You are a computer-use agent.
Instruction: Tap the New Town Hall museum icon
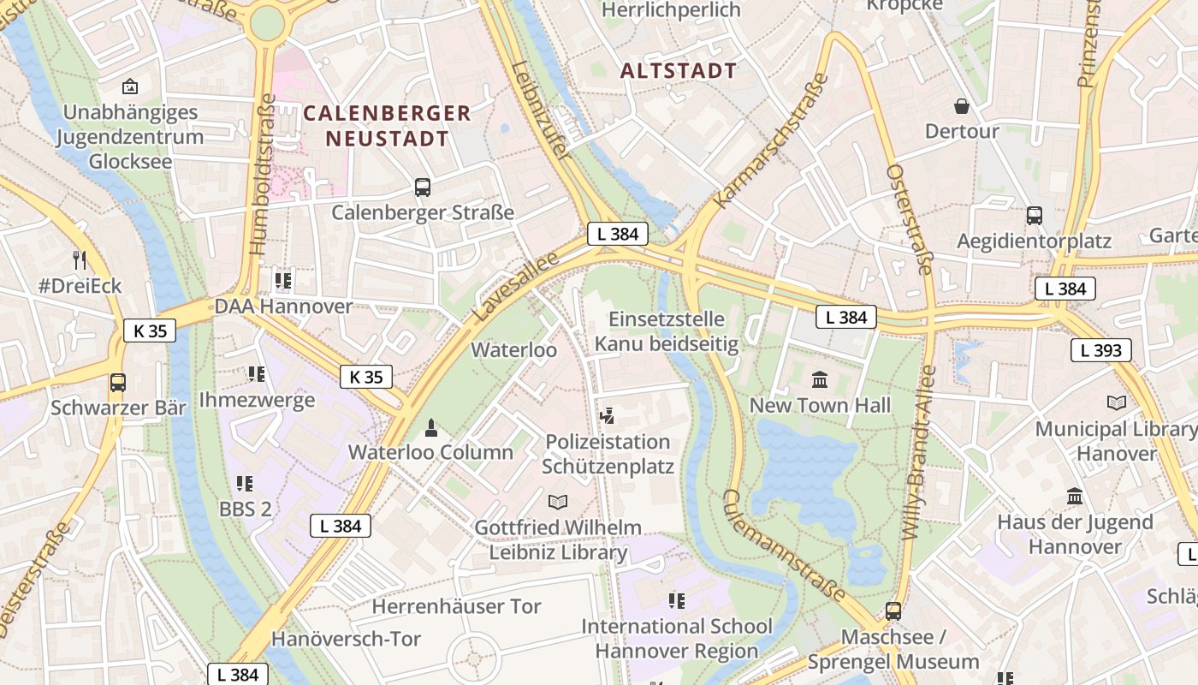820,379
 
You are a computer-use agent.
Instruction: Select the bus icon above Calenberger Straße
422,187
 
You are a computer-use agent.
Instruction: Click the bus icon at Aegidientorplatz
1034,215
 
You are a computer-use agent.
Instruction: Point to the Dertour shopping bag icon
962,106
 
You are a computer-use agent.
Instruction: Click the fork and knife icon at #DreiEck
80,259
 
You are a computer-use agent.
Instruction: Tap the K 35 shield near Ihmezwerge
366,377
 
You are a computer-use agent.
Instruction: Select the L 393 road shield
1100,349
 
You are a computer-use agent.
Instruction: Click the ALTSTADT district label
678,71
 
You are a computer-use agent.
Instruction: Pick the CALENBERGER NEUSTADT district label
387,125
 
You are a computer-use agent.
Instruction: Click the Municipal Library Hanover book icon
1116,402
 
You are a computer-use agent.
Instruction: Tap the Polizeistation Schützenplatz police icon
608,416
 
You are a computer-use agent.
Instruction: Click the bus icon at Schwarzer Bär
117,382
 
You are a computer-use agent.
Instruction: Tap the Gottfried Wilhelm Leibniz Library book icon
557,502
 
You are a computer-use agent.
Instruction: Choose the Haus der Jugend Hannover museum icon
1075,496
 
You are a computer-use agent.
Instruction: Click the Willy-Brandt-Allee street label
920,451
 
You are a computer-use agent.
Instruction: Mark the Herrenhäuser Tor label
456,606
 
